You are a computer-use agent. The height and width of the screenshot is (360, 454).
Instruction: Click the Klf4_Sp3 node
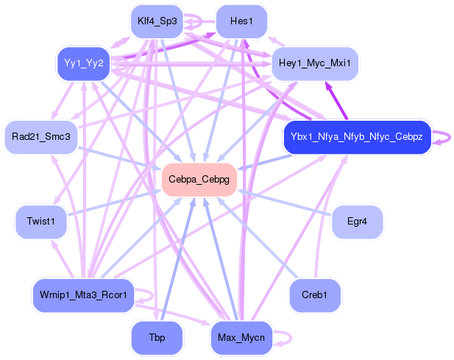(157, 21)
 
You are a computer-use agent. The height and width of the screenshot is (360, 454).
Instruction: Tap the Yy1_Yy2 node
(83, 63)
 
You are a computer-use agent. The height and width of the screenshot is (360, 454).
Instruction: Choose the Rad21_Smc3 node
(41, 137)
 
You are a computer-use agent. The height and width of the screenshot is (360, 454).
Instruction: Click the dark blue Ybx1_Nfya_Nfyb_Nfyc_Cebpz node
(356, 137)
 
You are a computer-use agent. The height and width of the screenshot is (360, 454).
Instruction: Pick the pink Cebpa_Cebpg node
(199, 180)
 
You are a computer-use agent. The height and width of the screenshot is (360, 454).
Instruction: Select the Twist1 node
(41, 222)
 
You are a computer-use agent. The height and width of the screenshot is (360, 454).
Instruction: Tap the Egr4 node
(357, 222)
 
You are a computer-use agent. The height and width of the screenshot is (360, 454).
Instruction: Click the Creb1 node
(315, 295)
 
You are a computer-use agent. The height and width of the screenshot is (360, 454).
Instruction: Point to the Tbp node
(157, 338)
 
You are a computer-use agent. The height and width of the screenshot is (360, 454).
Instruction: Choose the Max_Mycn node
(241, 338)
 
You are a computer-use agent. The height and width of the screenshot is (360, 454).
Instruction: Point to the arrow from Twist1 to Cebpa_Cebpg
(118, 201)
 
